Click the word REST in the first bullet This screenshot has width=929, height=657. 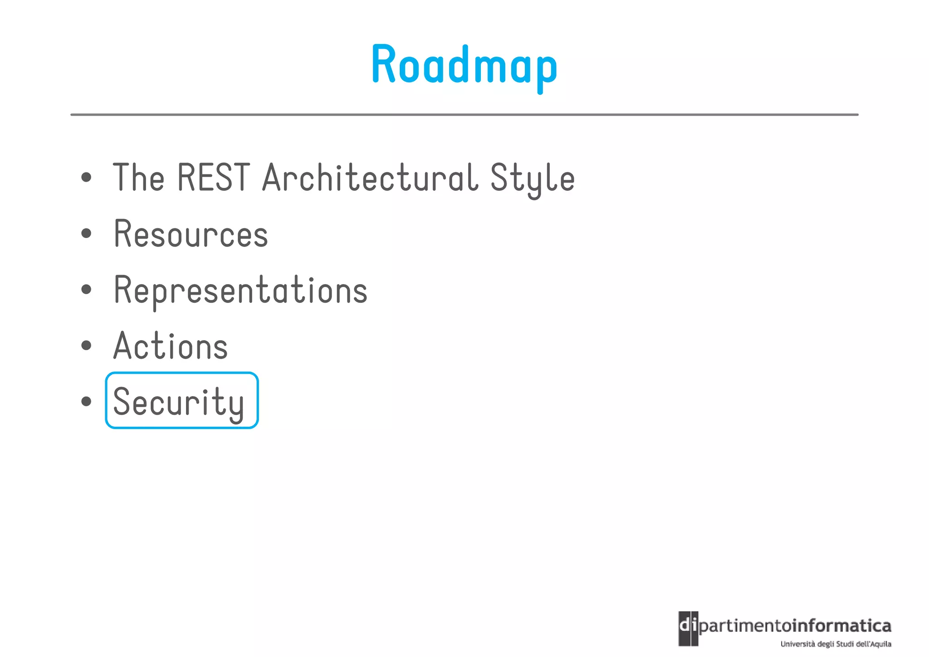(213, 177)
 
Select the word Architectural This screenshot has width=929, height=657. (370, 177)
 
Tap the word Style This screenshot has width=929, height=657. (532, 179)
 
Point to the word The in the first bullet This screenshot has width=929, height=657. (138, 177)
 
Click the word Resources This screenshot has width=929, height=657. (191, 234)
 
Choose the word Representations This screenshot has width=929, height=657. (240, 290)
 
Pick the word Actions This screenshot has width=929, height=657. (171, 346)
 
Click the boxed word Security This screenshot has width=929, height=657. (179, 402)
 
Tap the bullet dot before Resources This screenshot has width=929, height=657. (86, 233)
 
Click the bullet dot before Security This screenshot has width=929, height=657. (86, 401)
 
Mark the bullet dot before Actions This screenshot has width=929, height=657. (86, 345)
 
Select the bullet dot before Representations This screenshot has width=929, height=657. (86, 289)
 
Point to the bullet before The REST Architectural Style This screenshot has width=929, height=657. (86, 177)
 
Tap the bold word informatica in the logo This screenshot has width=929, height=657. (842, 626)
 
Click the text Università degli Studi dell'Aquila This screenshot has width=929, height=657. (836, 644)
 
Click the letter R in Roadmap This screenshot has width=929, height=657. (384, 64)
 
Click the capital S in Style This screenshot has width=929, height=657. (499, 177)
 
